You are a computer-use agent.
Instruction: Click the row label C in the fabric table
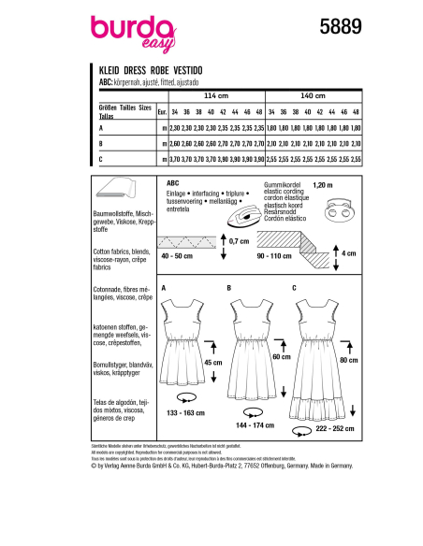tap(101, 160)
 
